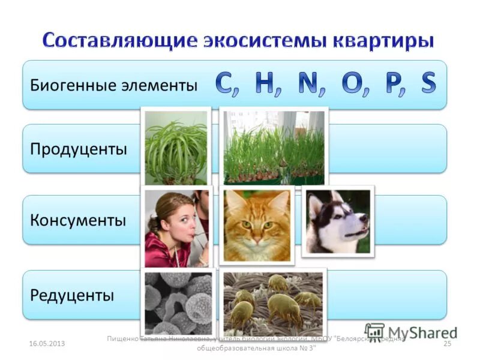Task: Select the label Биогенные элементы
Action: click(x=113, y=85)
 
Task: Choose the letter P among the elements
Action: click(x=393, y=85)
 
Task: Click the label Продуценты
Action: click(x=79, y=149)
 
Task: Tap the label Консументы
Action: click(x=78, y=220)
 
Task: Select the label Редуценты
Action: click(x=71, y=295)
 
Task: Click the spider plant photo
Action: click(x=176, y=147)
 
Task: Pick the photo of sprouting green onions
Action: click(x=274, y=147)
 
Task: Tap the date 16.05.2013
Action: click(x=46, y=343)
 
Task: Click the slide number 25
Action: click(x=446, y=343)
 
